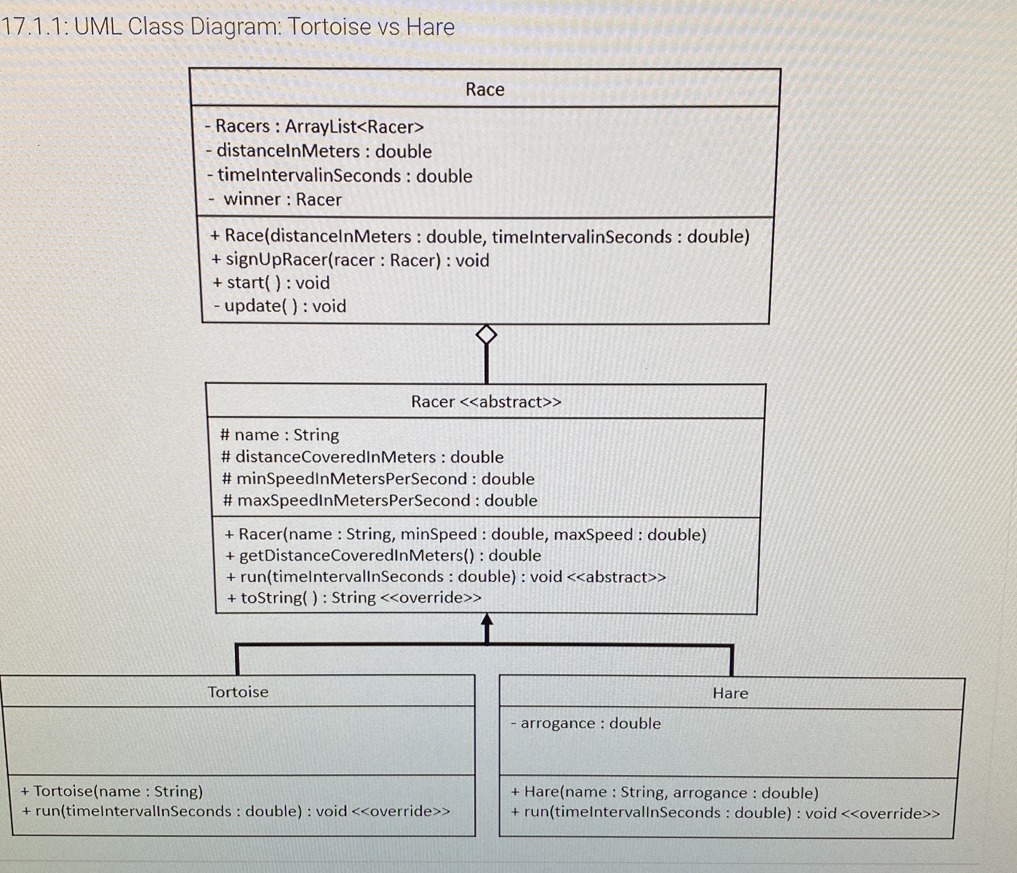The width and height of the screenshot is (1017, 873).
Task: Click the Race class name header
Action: [x=485, y=89]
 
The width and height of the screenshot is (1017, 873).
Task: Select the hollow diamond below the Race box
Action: [x=486, y=335]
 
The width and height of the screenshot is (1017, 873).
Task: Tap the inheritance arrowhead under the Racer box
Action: [x=486, y=620]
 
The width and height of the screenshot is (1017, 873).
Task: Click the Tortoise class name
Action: [x=238, y=692]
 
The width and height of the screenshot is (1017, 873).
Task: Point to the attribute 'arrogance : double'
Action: [x=586, y=723]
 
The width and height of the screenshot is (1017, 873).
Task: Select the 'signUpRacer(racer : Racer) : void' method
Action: [x=351, y=260]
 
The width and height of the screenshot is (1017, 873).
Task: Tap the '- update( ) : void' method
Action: [x=280, y=306]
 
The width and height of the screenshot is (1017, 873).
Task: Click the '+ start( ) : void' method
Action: [x=271, y=283]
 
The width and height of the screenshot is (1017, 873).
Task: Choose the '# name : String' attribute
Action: [x=280, y=435]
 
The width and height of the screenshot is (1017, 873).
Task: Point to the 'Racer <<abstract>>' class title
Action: [x=486, y=402]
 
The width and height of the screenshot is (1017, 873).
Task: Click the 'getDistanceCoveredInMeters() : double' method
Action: [x=383, y=555]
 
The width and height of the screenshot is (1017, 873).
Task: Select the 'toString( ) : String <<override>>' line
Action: [x=354, y=598]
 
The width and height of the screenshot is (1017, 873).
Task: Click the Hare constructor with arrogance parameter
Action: [x=665, y=793]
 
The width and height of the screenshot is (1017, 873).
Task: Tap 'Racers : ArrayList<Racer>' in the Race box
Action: [x=314, y=127]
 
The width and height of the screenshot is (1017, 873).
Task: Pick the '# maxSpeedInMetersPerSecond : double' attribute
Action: [x=380, y=500]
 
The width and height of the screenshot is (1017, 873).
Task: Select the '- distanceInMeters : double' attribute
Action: [x=319, y=151]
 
